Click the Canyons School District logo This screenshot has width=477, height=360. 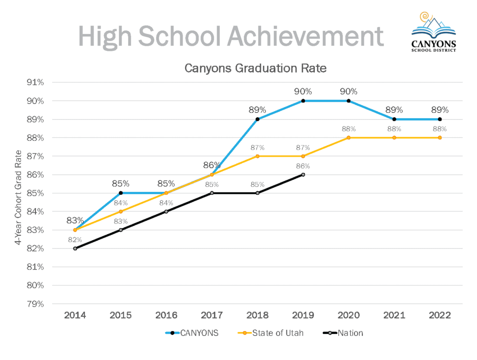[434, 32]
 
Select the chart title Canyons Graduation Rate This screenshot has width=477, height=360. [256, 68]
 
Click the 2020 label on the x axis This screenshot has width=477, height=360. [348, 315]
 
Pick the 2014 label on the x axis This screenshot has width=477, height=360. [75, 315]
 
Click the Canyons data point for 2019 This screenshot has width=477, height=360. [303, 101]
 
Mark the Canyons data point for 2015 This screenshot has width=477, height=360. [120, 193]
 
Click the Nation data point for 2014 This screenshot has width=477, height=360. [75, 248]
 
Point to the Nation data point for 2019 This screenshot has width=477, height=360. [303, 175]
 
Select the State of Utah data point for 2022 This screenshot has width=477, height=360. [440, 137]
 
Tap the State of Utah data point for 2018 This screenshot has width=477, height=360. [257, 156]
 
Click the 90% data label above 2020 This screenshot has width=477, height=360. [348, 92]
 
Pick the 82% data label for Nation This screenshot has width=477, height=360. [75, 239]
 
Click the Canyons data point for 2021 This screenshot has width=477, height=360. [394, 119]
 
